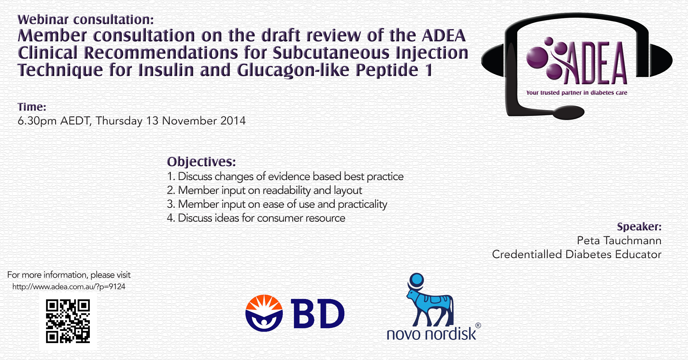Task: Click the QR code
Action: point(68,321)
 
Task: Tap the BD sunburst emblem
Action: point(264,313)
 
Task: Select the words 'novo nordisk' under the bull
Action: point(431,334)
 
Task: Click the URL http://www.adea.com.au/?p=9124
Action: point(69,287)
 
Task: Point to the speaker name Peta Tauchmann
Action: point(619,240)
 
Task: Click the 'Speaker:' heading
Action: point(639,226)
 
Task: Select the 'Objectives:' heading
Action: point(201,162)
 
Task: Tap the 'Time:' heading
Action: point(32,107)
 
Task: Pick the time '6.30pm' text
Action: point(37,121)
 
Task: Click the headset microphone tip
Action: point(569,113)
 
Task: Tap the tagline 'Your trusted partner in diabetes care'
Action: point(577,93)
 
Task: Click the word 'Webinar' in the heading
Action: point(43,19)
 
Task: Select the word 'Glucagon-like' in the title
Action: point(293,70)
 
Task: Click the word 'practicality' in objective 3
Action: point(362,204)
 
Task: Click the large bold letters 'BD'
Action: point(318,314)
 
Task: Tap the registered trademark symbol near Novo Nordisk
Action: point(478,325)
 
